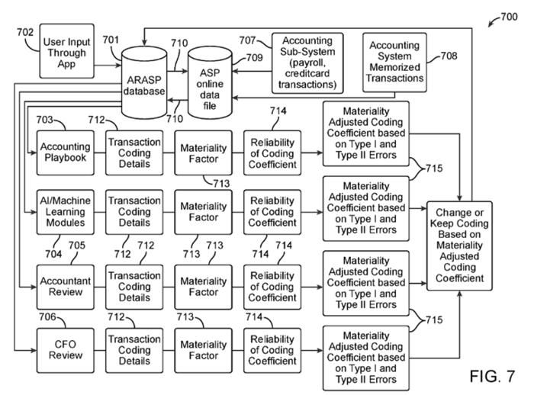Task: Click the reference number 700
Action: point(508,17)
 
